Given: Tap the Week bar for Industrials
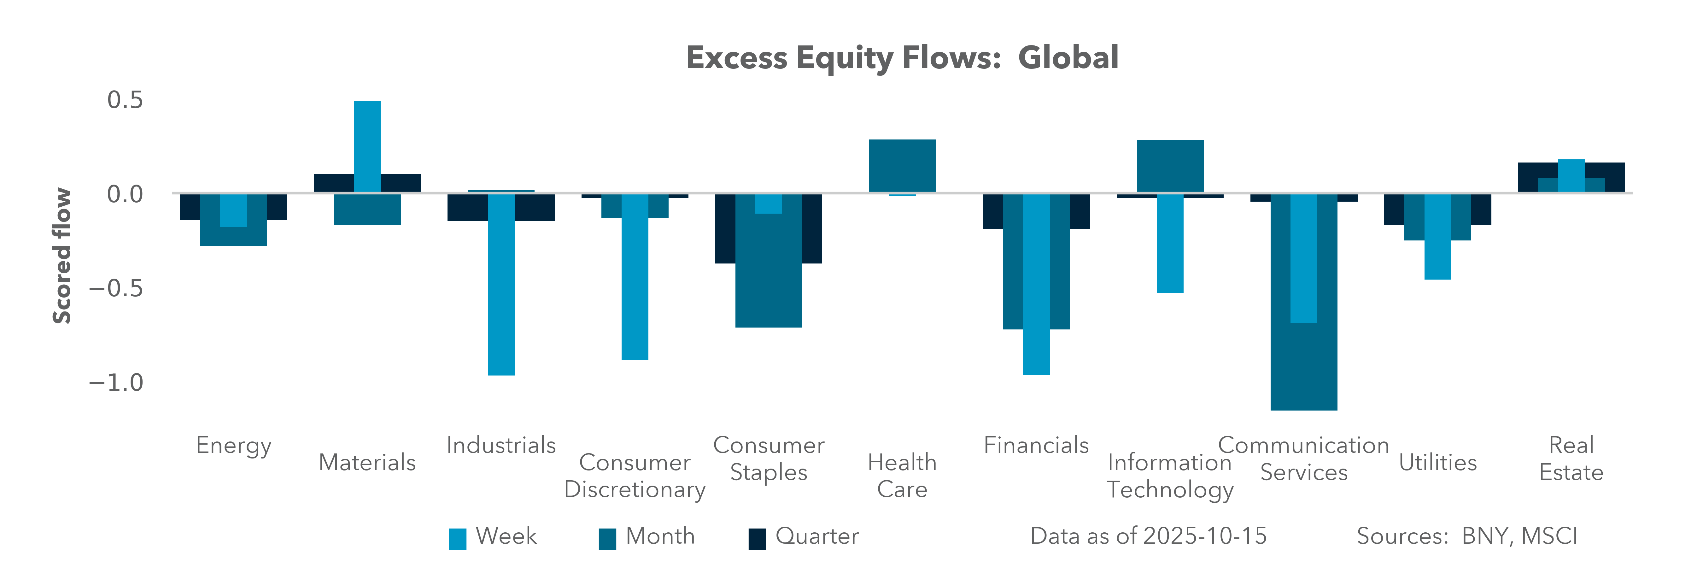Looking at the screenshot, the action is (x=501, y=284).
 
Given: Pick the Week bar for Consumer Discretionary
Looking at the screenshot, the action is (x=635, y=276).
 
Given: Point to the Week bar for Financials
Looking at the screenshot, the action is (x=1036, y=284).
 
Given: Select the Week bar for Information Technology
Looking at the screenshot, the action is (x=1170, y=243).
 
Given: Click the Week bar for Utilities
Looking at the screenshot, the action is (x=1438, y=236).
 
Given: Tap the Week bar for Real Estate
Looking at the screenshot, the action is (x=1571, y=176).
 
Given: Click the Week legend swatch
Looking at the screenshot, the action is (x=458, y=538).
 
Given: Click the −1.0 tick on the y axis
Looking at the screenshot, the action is (x=116, y=382).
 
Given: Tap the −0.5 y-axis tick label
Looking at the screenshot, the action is (x=116, y=288).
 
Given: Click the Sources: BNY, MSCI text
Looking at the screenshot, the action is (x=1467, y=535).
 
